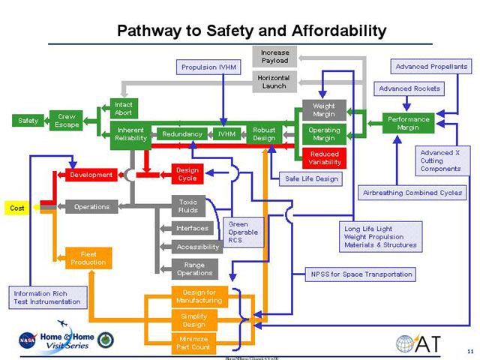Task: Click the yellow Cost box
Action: click(x=17, y=207)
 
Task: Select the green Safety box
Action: click(x=28, y=121)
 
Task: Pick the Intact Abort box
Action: click(x=124, y=108)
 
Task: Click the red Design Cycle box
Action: click(x=187, y=174)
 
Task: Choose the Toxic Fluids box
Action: click(x=187, y=206)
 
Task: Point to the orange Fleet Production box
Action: click(x=88, y=258)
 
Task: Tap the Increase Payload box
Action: click(x=274, y=56)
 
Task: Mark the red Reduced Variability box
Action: click(x=324, y=158)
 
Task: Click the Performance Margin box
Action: click(x=408, y=123)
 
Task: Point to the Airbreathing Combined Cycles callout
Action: click(x=412, y=193)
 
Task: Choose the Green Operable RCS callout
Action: click(x=244, y=232)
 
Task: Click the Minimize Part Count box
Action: click(x=193, y=343)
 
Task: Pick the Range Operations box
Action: click(x=194, y=268)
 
